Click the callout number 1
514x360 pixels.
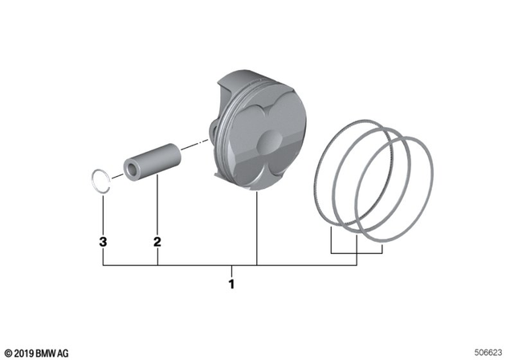coord(231,284)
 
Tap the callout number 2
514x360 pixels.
coord(157,241)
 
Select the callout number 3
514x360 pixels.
coord(103,241)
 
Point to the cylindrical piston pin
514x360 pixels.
coord(153,162)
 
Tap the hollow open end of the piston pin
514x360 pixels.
coord(132,170)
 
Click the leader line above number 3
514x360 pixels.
coord(103,213)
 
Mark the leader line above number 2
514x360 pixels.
coord(157,209)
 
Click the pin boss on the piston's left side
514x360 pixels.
coord(214,133)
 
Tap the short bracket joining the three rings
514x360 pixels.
coord(357,252)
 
